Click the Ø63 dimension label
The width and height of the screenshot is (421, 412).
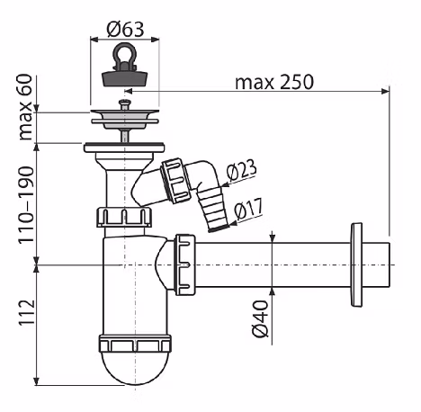click(x=125, y=30)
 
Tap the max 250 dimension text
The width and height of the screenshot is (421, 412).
click(x=274, y=82)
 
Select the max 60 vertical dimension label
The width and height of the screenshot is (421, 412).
click(x=25, y=107)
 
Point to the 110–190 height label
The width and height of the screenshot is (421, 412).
click(x=26, y=205)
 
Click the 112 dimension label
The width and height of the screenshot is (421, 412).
click(x=27, y=312)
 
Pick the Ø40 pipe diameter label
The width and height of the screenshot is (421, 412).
click(x=260, y=318)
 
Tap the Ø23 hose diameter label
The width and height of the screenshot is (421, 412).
click(x=241, y=170)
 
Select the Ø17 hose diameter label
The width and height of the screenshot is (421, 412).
click(x=248, y=208)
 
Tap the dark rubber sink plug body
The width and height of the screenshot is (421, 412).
click(x=124, y=79)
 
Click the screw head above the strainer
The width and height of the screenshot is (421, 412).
click(x=125, y=103)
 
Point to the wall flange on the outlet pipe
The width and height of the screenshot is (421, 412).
click(x=356, y=265)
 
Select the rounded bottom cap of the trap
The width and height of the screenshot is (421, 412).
click(x=135, y=368)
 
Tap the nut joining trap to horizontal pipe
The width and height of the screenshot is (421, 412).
click(x=185, y=264)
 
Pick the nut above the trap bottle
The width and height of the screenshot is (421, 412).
click(x=124, y=217)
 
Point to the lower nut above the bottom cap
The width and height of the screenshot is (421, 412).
click(x=135, y=344)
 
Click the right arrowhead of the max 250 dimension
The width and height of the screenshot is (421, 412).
click(x=386, y=91)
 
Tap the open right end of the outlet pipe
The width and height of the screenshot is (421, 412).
click(x=390, y=264)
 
